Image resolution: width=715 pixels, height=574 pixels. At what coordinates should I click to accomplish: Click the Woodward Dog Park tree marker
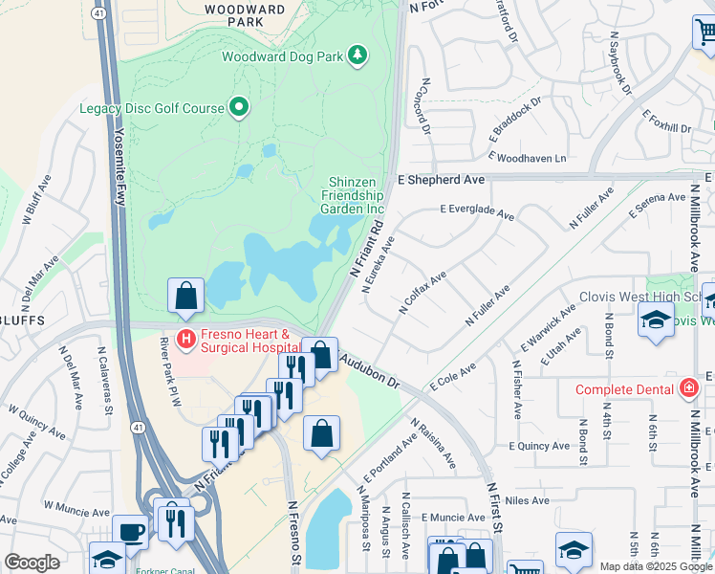click(x=357, y=55)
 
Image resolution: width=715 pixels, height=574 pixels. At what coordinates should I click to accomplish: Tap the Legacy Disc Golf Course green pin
click(x=238, y=108)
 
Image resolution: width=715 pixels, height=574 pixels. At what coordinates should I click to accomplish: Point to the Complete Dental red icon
click(x=687, y=389)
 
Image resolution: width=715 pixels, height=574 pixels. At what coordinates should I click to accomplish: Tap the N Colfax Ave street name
click(x=422, y=294)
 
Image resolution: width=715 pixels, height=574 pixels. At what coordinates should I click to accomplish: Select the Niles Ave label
click(x=528, y=500)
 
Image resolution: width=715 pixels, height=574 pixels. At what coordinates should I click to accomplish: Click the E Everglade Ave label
click(x=477, y=212)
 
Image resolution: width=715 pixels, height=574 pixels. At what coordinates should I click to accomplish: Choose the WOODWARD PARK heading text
click(x=245, y=15)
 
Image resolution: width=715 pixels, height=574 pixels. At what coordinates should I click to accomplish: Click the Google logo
click(x=32, y=563)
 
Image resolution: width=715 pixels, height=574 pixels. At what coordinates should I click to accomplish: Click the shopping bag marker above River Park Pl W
click(x=185, y=296)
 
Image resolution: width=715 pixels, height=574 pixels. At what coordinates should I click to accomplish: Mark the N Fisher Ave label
click(x=516, y=389)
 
